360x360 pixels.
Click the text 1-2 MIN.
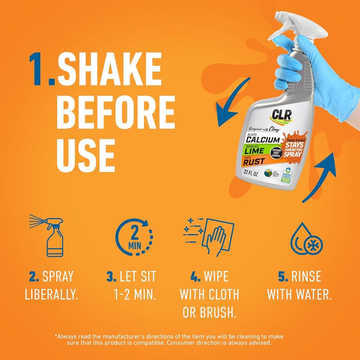click(x=134, y=295)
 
